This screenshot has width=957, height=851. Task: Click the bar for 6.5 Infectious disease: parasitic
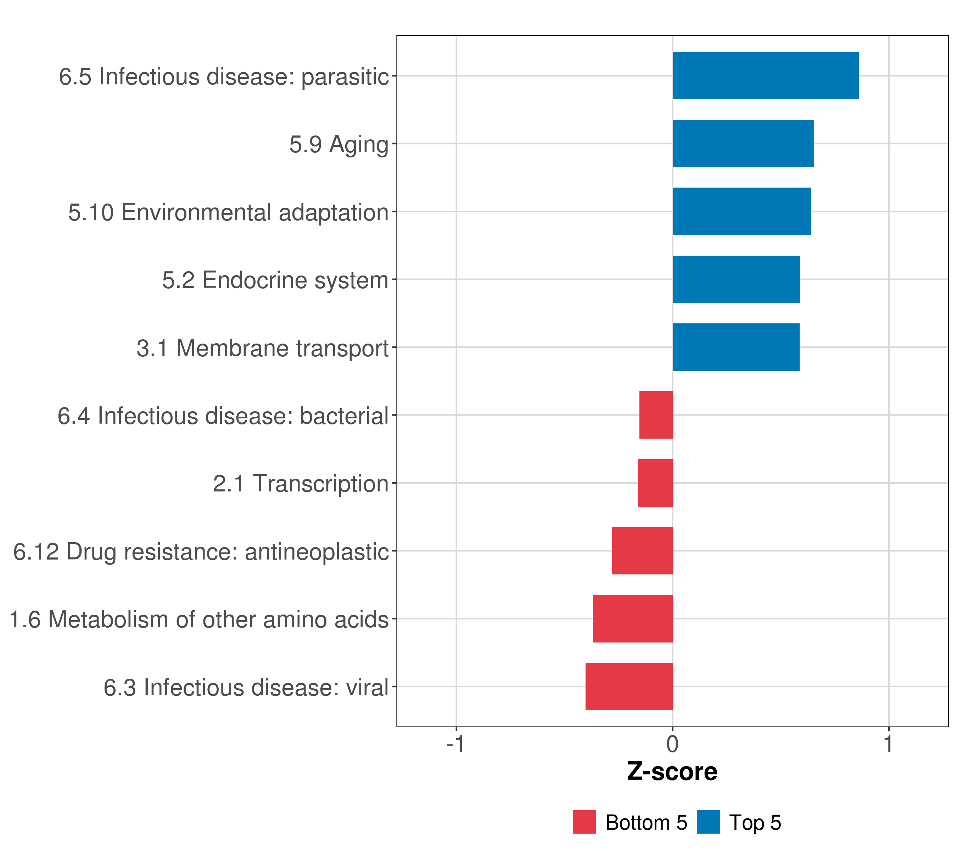tap(766, 76)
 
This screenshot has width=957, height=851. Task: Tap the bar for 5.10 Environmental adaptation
tap(741, 211)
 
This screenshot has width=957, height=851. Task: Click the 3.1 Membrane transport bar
tap(736, 347)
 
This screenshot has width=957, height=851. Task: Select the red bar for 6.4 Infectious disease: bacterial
tap(656, 415)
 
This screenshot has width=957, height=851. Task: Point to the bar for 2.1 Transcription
tap(655, 483)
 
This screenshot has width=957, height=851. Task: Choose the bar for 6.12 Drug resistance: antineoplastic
tap(642, 551)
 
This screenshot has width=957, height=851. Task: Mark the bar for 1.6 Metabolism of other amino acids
tap(633, 619)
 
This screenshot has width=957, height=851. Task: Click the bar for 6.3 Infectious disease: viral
tap(629, 686)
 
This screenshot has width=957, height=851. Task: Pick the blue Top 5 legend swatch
tap(708, 822)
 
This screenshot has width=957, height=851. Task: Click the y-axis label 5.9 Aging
tap(338, 144)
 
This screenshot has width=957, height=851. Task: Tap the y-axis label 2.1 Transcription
tap(301, 484)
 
